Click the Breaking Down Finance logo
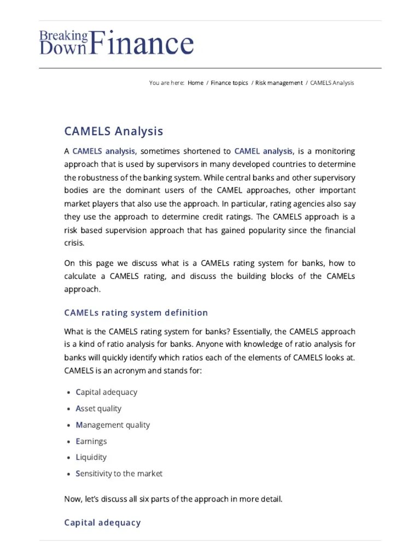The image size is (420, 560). [116, 43]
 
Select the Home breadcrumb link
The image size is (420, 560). [195, 83]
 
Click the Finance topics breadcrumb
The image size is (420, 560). [229, 83]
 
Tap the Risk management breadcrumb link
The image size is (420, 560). [278, 83]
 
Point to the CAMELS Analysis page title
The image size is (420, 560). [113, 131]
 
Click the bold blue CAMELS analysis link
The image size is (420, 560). [103, 151]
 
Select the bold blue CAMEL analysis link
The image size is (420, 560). [264, 151]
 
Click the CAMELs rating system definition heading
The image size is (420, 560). [136, 313]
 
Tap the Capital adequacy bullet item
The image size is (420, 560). [106, 392]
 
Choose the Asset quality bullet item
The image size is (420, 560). [98, 409]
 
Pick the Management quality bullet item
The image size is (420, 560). [112, 425]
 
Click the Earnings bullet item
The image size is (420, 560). [91, 441]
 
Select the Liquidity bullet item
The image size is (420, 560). [91, 457]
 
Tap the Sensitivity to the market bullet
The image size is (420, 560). [119, 474]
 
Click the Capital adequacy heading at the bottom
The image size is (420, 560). [102, 522]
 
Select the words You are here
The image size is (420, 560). [166, 83]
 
